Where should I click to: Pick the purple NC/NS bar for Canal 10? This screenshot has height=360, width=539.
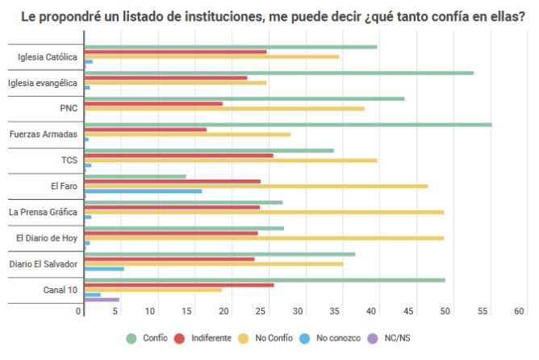click(x=102, y=300)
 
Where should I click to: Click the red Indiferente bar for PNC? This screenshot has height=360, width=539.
click(x=153, y=103)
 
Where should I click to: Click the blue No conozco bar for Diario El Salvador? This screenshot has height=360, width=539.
click(x=104, y=268)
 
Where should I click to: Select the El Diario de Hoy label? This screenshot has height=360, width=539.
click(x=47, y=238)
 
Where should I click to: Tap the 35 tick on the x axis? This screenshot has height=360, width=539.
click(x=299, y=311)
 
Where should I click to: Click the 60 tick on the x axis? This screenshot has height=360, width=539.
click(x=519, y=311)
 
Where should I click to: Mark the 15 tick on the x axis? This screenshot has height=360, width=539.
click(x=187, y=311)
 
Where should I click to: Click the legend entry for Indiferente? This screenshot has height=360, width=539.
click(x=203, y=337)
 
